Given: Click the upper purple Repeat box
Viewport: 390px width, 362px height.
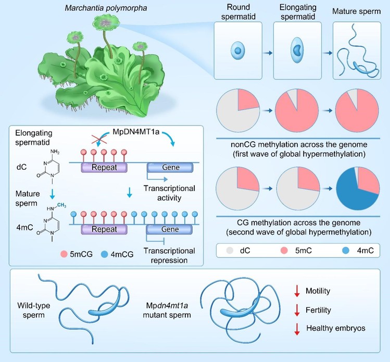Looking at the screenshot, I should click(105, 168).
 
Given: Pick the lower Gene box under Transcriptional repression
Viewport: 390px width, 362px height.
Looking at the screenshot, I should click(165, 227).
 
